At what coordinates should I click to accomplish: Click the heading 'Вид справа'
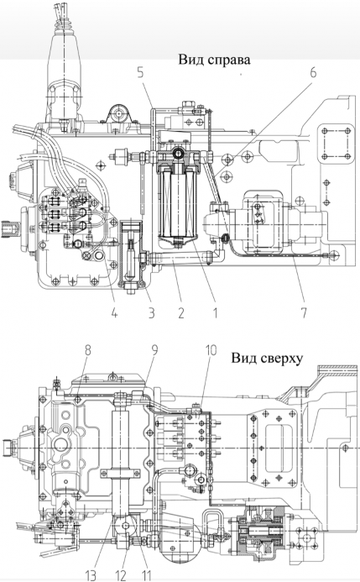(x=214, y=60)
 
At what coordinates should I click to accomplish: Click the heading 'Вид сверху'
(x=268, y=358)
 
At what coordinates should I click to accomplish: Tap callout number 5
(x=140, y=73)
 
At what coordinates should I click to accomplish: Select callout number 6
(x=314, y=73)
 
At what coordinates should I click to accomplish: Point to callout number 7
(x=304, y=312)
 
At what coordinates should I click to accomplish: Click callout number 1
(x=215, y=313)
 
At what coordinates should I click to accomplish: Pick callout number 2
(x=180, y=313)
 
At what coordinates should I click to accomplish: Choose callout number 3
(x=151, y=313)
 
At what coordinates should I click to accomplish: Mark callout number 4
(x=114, y=313)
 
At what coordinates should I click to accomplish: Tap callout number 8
(x=87, y=351)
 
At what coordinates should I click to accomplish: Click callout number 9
(x=154, y=351)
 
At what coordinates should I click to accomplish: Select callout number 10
(x=211, y=351)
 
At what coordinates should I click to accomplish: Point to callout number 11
(x=147, y=575)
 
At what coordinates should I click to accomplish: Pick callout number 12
(x=121, y=575)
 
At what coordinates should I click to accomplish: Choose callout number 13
(x=91, y=575)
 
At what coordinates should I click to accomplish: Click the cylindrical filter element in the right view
(x=178, y=202)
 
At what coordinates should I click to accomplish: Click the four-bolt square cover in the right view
(x=337, y=144)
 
